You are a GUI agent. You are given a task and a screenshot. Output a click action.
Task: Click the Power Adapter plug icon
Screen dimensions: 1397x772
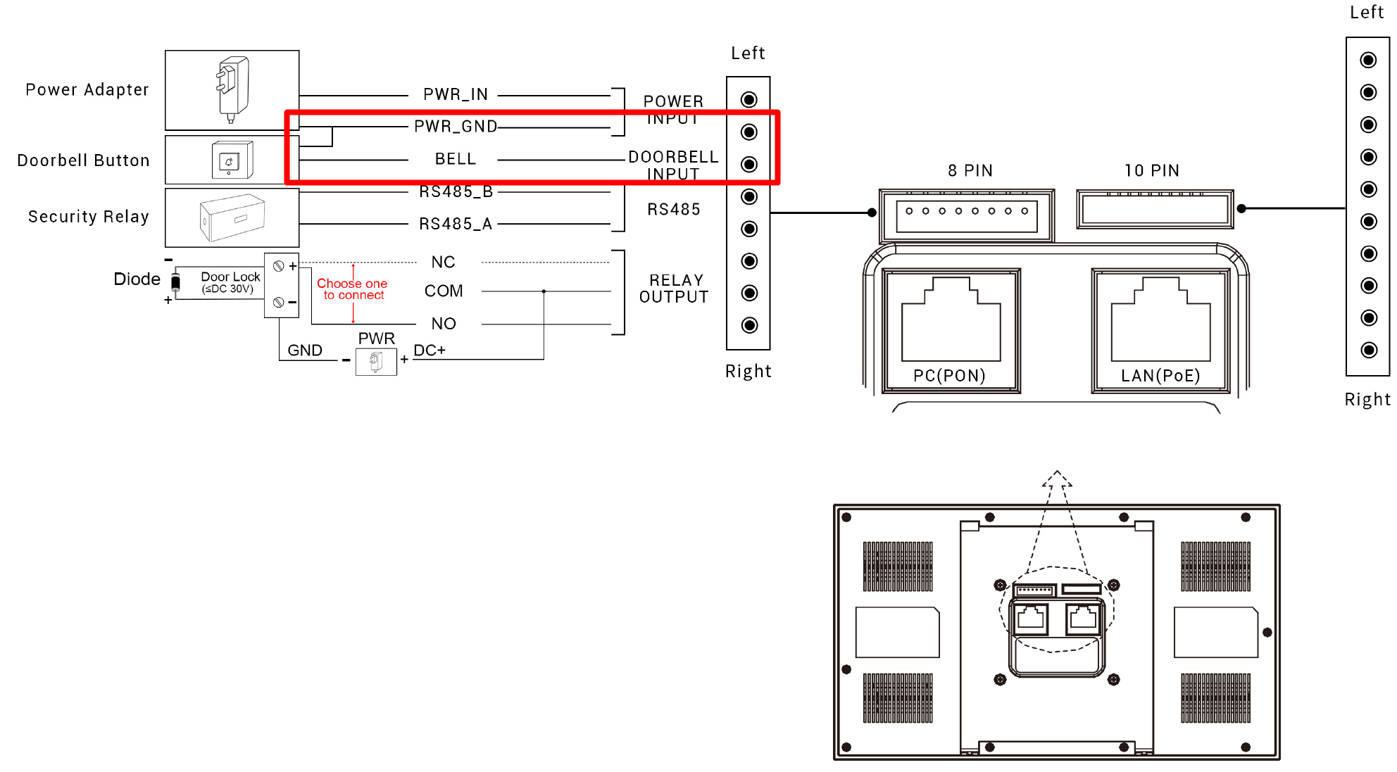232,89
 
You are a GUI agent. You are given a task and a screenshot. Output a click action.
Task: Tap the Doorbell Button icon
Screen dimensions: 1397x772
232,160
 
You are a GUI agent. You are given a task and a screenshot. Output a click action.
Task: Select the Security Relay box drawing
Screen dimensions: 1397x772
232,217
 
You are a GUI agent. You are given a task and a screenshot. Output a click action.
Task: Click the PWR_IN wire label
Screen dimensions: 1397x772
456,94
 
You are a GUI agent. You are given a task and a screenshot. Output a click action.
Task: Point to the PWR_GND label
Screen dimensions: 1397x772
456,127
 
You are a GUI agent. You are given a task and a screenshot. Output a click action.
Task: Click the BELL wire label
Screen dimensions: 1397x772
456,159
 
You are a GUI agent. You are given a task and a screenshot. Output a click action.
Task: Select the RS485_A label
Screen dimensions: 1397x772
456,224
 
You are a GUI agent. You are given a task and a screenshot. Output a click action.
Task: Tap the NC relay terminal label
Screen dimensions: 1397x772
444,262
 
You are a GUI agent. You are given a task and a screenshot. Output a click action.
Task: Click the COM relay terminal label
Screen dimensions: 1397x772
444,291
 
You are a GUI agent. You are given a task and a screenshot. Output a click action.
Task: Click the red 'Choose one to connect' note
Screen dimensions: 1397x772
352,289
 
